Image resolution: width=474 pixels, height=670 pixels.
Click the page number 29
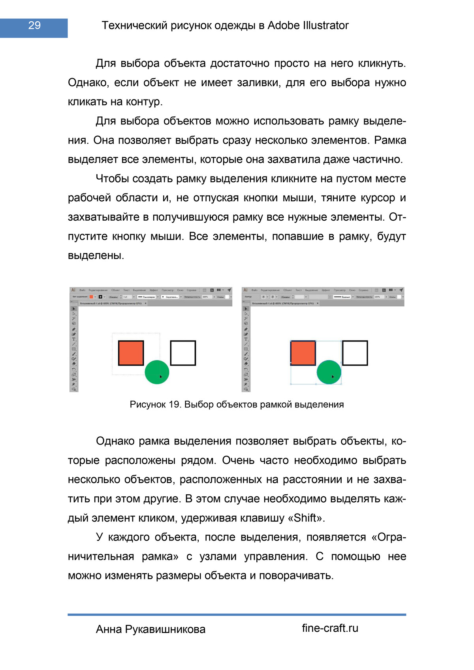click(34, 26)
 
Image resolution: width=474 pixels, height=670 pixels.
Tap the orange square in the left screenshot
click(131, 353)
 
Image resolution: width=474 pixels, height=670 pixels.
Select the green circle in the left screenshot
click(157, 372)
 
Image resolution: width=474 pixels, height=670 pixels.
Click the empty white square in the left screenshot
click(183, 353)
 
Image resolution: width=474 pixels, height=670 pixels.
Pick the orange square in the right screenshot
click(303, 353)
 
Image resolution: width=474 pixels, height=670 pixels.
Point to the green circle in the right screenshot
click(329, 372)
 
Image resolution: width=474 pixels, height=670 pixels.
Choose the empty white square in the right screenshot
click(355, 353)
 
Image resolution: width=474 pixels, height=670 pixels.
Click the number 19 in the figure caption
click(174, 405)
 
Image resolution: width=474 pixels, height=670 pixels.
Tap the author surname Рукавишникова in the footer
click(165, 629)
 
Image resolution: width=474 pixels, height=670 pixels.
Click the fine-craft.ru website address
click(330, 628)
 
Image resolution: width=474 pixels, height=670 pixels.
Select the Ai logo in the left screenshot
click(73, 290)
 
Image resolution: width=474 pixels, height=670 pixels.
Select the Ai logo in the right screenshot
click(245, 290)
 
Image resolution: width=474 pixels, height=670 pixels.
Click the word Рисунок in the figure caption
click(148, 405)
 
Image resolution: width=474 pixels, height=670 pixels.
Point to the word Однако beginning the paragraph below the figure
click(115, 441)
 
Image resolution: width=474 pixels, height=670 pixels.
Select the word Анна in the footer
click(109, 629)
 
